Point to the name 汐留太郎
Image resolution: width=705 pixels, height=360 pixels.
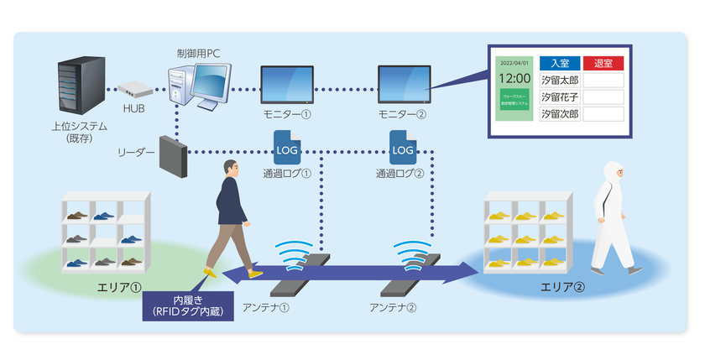click(x=559, y=80)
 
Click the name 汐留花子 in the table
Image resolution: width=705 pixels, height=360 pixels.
click(x=559, y=97)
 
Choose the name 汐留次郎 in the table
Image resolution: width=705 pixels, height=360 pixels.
click(x=559, y=113)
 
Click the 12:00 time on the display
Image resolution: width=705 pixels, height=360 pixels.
click(x=514, y=78)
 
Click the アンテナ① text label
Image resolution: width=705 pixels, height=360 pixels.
click(x=266, y=307)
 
